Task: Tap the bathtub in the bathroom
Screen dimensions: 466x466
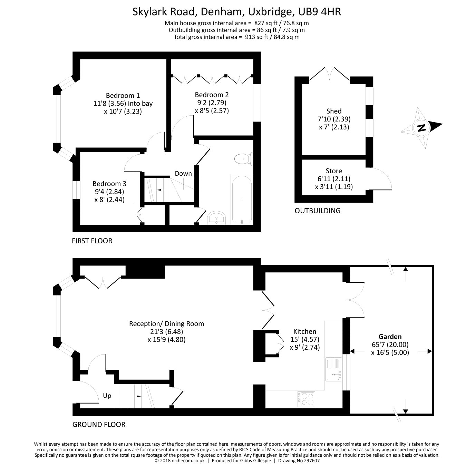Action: (x=242, y=199)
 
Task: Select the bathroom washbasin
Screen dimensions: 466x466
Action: (x=216, y=218)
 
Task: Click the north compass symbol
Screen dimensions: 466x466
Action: (x=421, y=128)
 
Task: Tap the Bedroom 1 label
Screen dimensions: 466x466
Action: (x=123, y=95)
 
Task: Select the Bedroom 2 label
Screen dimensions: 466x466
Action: (x=212, y=95)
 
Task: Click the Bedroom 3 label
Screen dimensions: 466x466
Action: (x=109, y=184)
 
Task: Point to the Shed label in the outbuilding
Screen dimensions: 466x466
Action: (x=334, y=111)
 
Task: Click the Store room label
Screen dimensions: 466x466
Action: (x=334, y=171)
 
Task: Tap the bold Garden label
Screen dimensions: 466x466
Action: (x=390, y=337)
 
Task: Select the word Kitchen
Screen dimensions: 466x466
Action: (x=304, y=331)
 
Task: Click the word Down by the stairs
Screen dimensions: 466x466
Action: (x=183, y=173)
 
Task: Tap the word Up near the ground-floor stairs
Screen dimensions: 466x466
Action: (x=107, y=396)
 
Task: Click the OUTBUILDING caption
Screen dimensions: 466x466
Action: (x=317, y=211)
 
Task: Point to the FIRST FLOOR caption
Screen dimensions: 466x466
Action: (x=92, y=241)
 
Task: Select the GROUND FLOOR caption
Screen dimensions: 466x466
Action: (x=99, y=424)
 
